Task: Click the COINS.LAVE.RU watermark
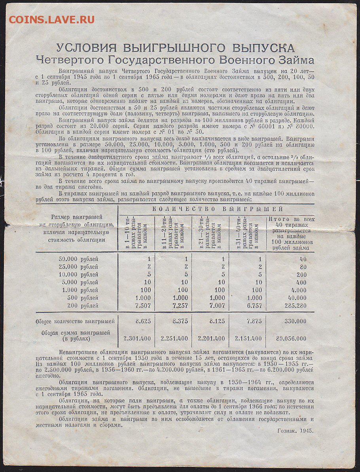(51, 19)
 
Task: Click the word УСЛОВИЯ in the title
(86, 48)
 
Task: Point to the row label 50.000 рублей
(78, 259)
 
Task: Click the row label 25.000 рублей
(78, 267)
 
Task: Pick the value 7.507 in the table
(142, 306)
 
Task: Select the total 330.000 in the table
(295, 321)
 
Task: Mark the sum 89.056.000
(292, 338)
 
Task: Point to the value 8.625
(143, 321)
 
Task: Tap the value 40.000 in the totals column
(297, 298)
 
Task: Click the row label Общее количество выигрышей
(75, 321)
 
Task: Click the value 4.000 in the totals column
(298, 290)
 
